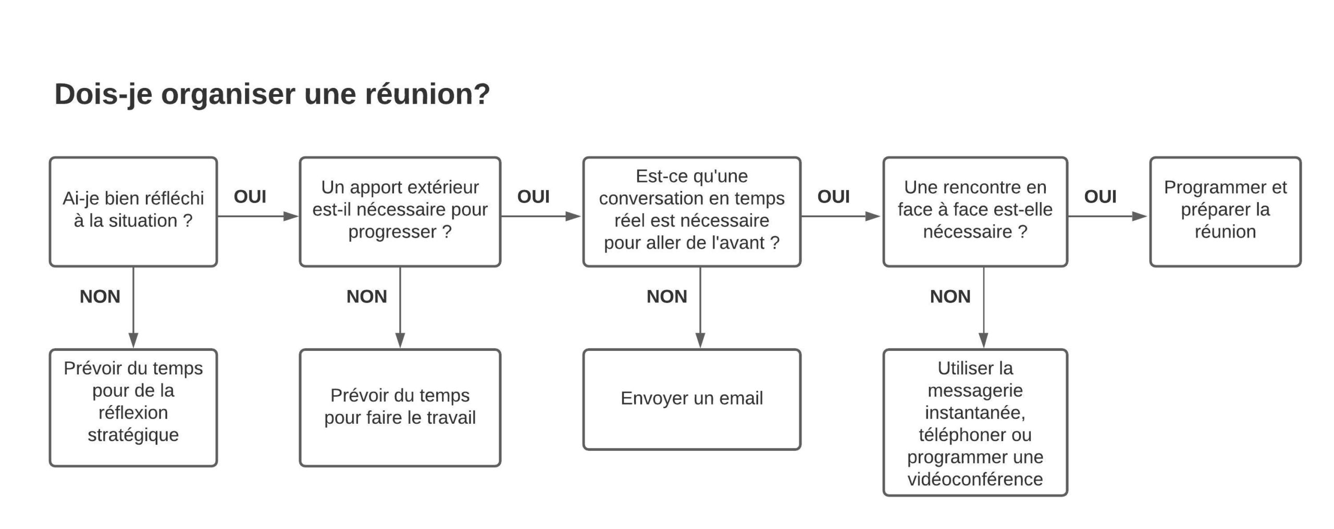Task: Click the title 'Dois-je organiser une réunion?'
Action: point(272,95)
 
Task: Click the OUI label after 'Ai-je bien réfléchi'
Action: point(250,197)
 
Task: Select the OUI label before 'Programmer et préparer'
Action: point(1101,197)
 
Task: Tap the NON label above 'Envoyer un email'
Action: point(667,297)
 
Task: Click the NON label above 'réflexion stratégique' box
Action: point(100,297)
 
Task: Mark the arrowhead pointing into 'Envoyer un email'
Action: point(700,341)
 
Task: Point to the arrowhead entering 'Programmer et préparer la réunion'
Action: point(1140,216)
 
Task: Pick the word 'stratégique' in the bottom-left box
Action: point(133,435)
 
